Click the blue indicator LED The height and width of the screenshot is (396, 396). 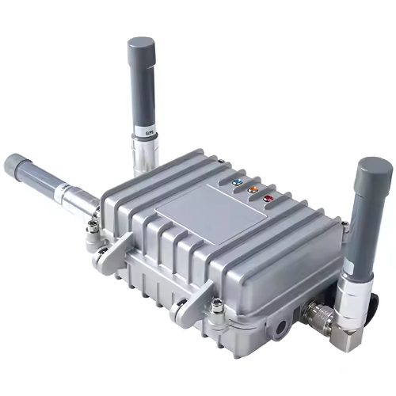click(237, 181)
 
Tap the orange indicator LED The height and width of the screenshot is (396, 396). click(253, 189)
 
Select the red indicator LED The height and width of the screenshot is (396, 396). click(268, 198)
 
